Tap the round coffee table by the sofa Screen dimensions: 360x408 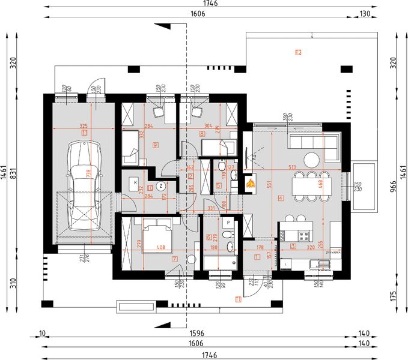[x=311, y=160]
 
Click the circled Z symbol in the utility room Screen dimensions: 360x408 [x=160, y=185]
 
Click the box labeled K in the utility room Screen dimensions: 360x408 [x=135, y=182]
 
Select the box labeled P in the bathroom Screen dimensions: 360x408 [x=228, y=223]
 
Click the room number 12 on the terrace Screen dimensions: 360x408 [x=298, y=52]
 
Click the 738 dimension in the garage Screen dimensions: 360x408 [x=90, y=174]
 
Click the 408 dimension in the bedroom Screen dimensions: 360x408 [x=160, y=246]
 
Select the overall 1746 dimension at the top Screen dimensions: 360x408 [x=210, y=4]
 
